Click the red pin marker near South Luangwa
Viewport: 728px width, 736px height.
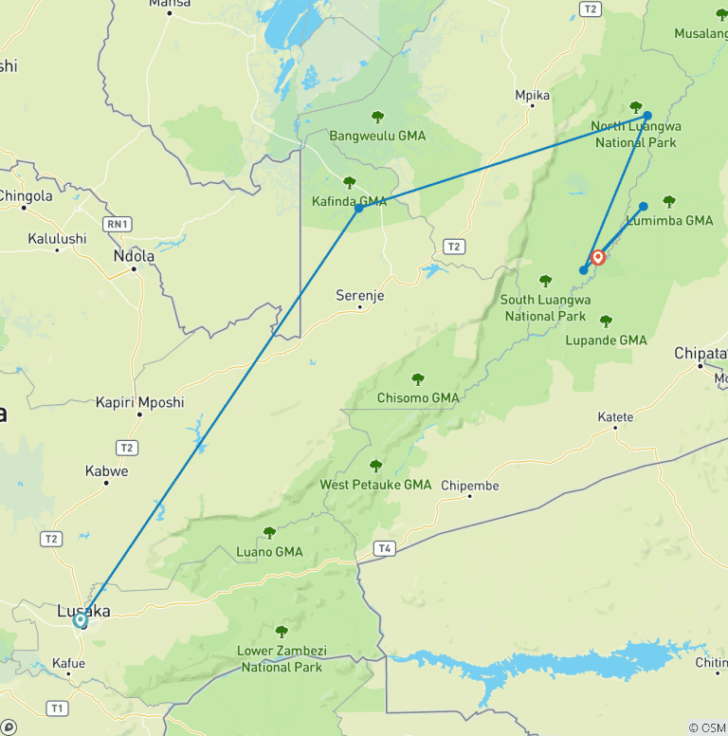(598, 257)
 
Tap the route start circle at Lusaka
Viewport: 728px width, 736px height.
(81, 620)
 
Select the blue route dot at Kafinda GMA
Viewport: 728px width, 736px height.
(358, 208)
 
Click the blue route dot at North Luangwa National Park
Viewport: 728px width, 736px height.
(647, 116)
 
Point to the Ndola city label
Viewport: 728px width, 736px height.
(133, 256)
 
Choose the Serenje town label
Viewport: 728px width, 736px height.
(360, 296)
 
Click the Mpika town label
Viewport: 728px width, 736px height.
(532, 96)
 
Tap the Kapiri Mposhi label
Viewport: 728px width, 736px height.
(139, 402)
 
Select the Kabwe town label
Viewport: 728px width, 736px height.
(106, 471)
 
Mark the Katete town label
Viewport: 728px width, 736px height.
(615, 417)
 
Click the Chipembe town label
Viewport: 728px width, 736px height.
(470, 486)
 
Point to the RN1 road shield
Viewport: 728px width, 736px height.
(118, 224)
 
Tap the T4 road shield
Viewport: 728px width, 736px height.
(384, 548)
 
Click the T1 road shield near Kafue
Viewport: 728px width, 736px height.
(58, 708)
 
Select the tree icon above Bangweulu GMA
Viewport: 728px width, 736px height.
(377, 117)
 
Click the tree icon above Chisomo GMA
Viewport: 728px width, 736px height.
(418, 379)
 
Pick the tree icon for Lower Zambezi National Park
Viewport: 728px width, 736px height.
(281, 632)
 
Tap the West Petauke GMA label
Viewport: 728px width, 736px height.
(375, 485)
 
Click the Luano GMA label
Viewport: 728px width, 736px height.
(269, 552)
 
